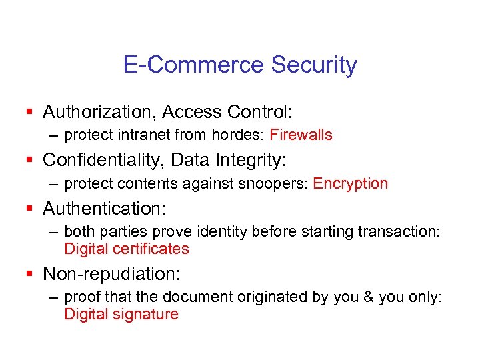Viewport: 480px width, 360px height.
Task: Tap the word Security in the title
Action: (x=314, y=65)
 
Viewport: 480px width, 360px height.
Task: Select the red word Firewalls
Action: (x=301, y=135)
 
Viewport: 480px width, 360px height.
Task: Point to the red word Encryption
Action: (x=350, y=183)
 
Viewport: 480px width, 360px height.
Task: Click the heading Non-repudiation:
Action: (x=112, y=273)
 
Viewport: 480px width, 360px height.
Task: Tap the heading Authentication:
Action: (x=105, y=208)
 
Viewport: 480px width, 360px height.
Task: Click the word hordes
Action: (x=235, y=135)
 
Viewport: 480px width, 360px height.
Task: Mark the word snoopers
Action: (x=276, y=183)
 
